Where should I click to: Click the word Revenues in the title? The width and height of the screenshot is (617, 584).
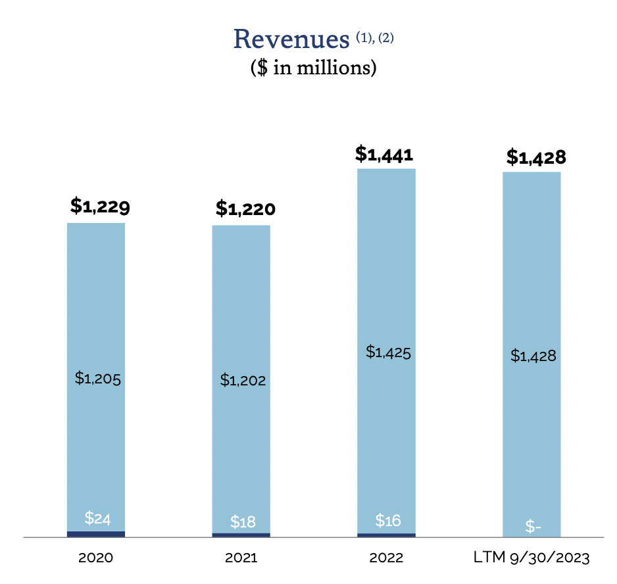click(x=291, y=39)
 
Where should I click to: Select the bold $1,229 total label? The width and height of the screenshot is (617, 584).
click(x=100, y=207)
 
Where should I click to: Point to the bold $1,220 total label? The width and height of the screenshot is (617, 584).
click(x=245, y=209)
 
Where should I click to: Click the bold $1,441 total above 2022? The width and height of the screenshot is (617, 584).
click(x=384, y=154)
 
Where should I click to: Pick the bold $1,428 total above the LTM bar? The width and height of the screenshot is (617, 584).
click(x=536, y=157)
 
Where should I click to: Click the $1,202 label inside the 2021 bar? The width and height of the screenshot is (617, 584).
click(x=243, y=379)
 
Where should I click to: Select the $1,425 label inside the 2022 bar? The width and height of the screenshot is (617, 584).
click(x=388, y=352)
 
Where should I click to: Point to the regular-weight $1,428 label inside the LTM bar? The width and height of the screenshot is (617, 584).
click(x=533, y=356)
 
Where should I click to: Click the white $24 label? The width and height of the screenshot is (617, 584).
click(x=97, y=518)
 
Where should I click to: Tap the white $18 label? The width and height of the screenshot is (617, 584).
click(x=243, y=522)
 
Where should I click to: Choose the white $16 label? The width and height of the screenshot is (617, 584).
click(x=388, y=520)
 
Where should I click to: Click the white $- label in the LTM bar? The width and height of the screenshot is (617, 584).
click(x=533, y=527)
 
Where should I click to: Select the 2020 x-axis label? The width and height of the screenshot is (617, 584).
click(x=96, y=558)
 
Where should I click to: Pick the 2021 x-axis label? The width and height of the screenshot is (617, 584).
click(x=241, y=558)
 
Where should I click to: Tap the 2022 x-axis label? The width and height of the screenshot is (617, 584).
click(x=386, y=558)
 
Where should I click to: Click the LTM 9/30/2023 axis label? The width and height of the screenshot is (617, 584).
click(x=531, y=558)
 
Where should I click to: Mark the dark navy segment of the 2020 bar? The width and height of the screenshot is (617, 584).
click(x=96, y=534)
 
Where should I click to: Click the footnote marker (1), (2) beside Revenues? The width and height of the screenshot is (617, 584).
click(x=375, y=37)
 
